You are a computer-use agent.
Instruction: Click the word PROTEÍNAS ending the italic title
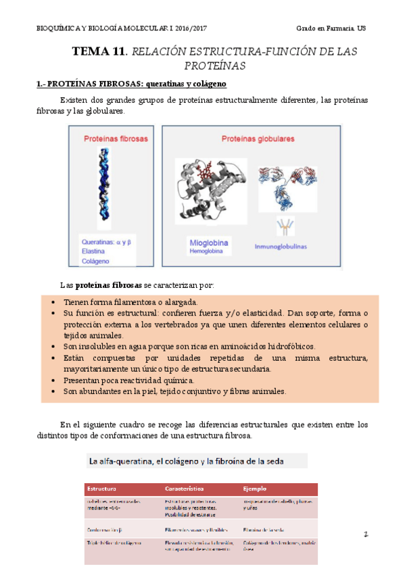pyautogui.click(x=214, y=66)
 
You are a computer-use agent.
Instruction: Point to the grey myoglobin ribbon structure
pyautogui.click(x=212, y=190)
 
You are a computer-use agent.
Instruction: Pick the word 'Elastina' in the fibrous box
pyautogui.click(x=94, y=249)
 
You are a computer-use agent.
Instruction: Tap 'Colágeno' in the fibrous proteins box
pyautogui.click(x=95, y=260)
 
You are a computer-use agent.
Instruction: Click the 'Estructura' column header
pyautogui.click(x=101, y=487)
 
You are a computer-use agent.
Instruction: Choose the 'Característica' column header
pyautogui.click(x=186, y=487)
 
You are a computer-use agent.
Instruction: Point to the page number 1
pyautogui.click(x=365, y=534)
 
